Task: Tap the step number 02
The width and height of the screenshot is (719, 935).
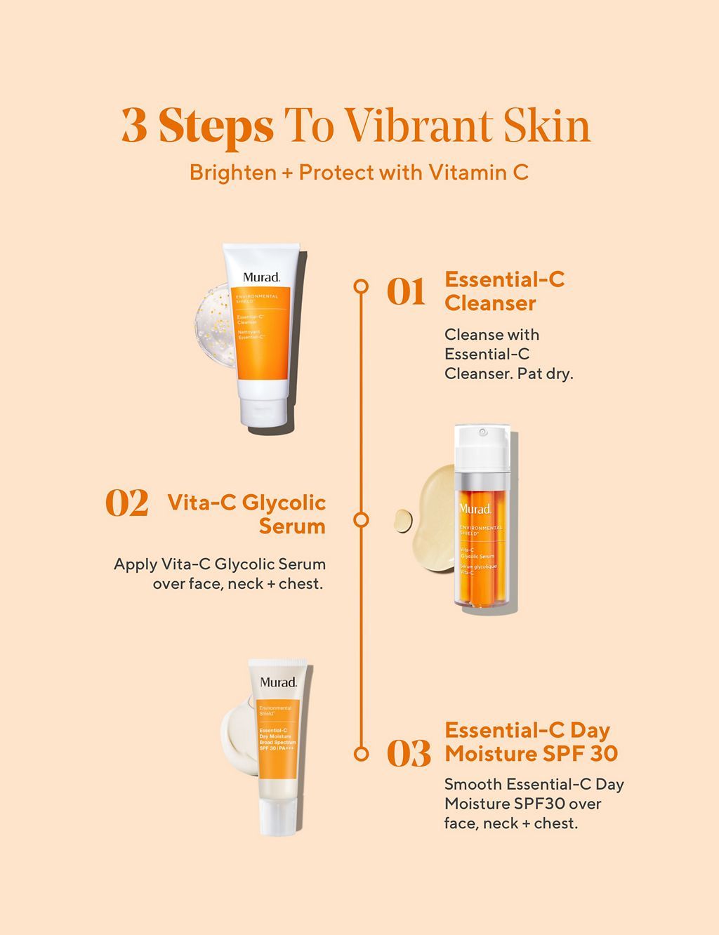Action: tap(127, 504)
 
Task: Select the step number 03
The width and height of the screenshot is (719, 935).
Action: tap(409, 755)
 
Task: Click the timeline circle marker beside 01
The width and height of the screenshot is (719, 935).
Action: tap(361, 286)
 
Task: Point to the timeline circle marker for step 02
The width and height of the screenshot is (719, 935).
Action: tap(361, 519)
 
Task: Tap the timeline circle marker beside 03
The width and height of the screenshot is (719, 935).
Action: tap(361, 754)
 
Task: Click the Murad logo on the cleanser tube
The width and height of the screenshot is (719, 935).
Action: tap(261, 277)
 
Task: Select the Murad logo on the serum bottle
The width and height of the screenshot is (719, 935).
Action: tap(475, 508)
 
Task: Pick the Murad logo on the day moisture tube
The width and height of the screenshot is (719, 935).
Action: tap(278, 682)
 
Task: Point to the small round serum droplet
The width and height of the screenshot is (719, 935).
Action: tap(402, 520)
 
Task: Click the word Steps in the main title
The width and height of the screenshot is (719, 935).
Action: tap(216, 127)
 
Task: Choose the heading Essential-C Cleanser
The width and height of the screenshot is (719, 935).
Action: tap(504, 291)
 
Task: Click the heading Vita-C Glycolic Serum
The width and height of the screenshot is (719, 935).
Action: tap(246, 514)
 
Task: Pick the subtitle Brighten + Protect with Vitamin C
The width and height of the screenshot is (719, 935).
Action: tap(359, 173)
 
